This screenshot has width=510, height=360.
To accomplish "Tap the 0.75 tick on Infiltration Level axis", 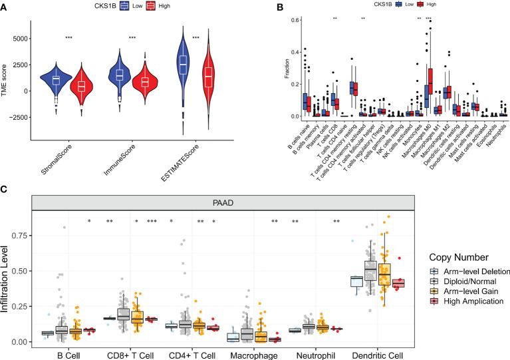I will point(25,235).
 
